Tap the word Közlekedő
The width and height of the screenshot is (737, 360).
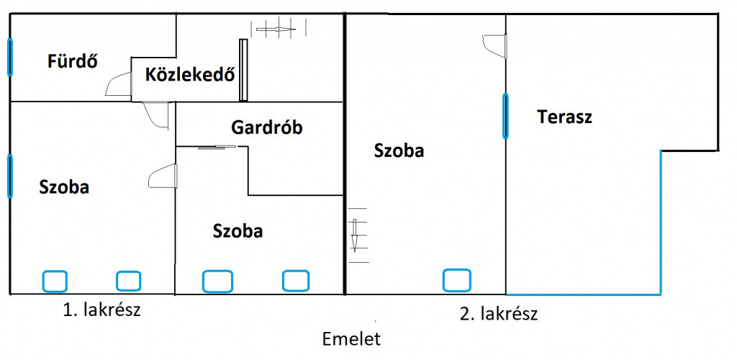click(190, 75)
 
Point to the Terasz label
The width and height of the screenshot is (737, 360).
click(564, 117)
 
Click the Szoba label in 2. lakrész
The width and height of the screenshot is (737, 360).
click(399, 150)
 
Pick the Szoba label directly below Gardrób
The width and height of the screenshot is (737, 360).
click(238, 231)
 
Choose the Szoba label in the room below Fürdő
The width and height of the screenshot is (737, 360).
click(64, 187)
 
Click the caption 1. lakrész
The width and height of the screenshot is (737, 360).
click(101, 310)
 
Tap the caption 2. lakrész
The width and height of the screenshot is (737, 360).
click(499, 313)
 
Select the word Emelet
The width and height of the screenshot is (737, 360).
click(351, 339)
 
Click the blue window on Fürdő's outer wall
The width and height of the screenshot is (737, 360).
click(10, 58)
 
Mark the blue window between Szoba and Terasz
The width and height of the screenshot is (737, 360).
click(505, 116)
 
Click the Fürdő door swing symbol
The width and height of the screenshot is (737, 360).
click(118, 84)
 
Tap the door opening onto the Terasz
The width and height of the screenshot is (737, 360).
click(495, 46)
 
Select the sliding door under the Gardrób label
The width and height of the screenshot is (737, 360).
click(217, 148)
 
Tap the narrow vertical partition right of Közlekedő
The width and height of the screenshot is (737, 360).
click(243, 70)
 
